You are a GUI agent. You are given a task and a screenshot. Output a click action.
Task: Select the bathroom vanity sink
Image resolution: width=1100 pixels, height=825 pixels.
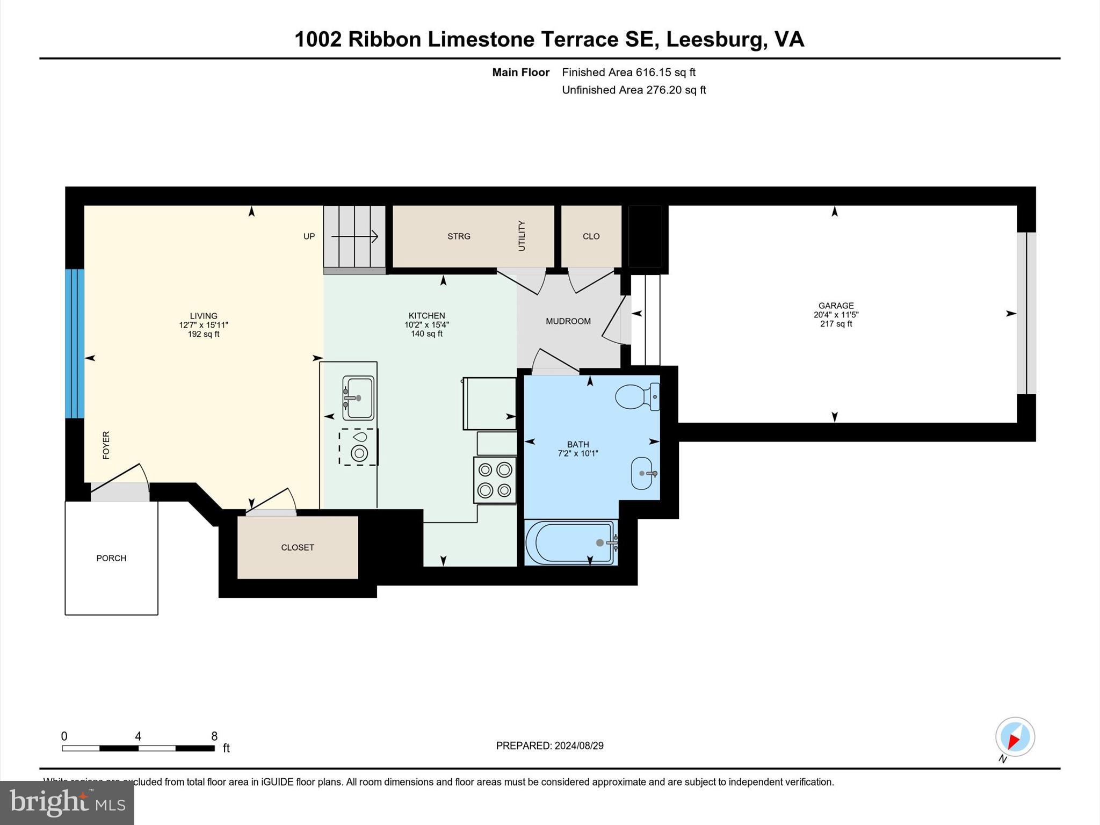click(x=642, y=473)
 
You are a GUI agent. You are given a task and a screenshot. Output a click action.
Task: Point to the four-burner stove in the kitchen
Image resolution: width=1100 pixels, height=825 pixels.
click(x=495, y=480)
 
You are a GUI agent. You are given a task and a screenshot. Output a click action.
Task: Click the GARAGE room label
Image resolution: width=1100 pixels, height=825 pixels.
click(x=836, y=306)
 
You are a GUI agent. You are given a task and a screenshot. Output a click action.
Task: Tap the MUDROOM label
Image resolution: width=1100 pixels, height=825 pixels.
click(x=568, y=321)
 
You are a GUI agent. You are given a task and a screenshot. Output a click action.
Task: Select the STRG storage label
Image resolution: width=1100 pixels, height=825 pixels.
click(x=459, y=236)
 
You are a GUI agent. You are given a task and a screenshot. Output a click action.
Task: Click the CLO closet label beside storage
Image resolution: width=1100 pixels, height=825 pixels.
click(x=591, y=236)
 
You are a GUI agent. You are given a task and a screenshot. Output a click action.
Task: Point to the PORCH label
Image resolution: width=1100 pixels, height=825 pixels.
click(x=111, y=558)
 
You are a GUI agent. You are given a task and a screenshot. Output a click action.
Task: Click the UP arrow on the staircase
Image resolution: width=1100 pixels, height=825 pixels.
click(x=354, y=236)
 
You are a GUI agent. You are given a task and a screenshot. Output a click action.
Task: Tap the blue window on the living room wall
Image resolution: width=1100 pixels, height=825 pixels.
click(x=75, y=343)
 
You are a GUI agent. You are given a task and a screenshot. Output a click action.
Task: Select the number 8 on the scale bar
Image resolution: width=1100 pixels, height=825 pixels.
click(x=214, y=736)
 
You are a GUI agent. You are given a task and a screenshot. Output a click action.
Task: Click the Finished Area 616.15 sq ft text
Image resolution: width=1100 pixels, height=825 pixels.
click(x=628, y=72)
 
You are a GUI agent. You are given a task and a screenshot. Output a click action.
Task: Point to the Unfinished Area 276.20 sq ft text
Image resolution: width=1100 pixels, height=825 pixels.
click(x=634, y=90)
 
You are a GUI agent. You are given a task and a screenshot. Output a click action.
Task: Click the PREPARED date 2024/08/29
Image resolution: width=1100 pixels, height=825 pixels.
click(x=578, y=746)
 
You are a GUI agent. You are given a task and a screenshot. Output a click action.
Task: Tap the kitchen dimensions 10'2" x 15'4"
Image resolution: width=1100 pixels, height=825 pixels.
click(x=426, y=325)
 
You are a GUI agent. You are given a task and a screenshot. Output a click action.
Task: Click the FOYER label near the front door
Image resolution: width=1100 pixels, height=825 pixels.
click(x=106, y=445)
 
